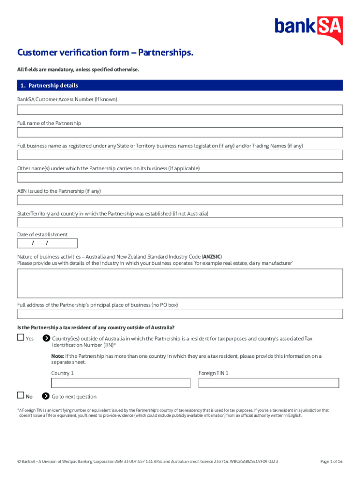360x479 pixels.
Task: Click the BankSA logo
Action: click(309, 28)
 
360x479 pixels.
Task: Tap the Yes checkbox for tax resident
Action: click(20, 337)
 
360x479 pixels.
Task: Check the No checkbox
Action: click(20, 395)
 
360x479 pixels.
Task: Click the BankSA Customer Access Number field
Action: click(180, 110)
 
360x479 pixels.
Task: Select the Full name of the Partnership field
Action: click(180, 132)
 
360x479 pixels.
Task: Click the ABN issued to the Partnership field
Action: click(180, 200)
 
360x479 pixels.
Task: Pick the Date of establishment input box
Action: click(47, 243)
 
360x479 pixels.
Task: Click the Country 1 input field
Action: click(121, 383)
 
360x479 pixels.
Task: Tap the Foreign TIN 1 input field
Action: click(268, 383)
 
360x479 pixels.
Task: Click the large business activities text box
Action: click(180, 283)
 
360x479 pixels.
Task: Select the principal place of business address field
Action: click(180, 314)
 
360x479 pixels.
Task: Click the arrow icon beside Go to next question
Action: click(46, 396)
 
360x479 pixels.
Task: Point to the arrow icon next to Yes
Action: click(46, 338)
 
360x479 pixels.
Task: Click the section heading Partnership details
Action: click(53, 86)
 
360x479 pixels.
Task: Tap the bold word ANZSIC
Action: click(212, 257)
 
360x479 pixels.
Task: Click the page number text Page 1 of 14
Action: click(331, 462)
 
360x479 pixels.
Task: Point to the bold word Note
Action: click(58, 356)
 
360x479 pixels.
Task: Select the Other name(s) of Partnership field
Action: click(180, 178)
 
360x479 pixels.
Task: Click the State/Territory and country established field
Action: click(180, 223)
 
